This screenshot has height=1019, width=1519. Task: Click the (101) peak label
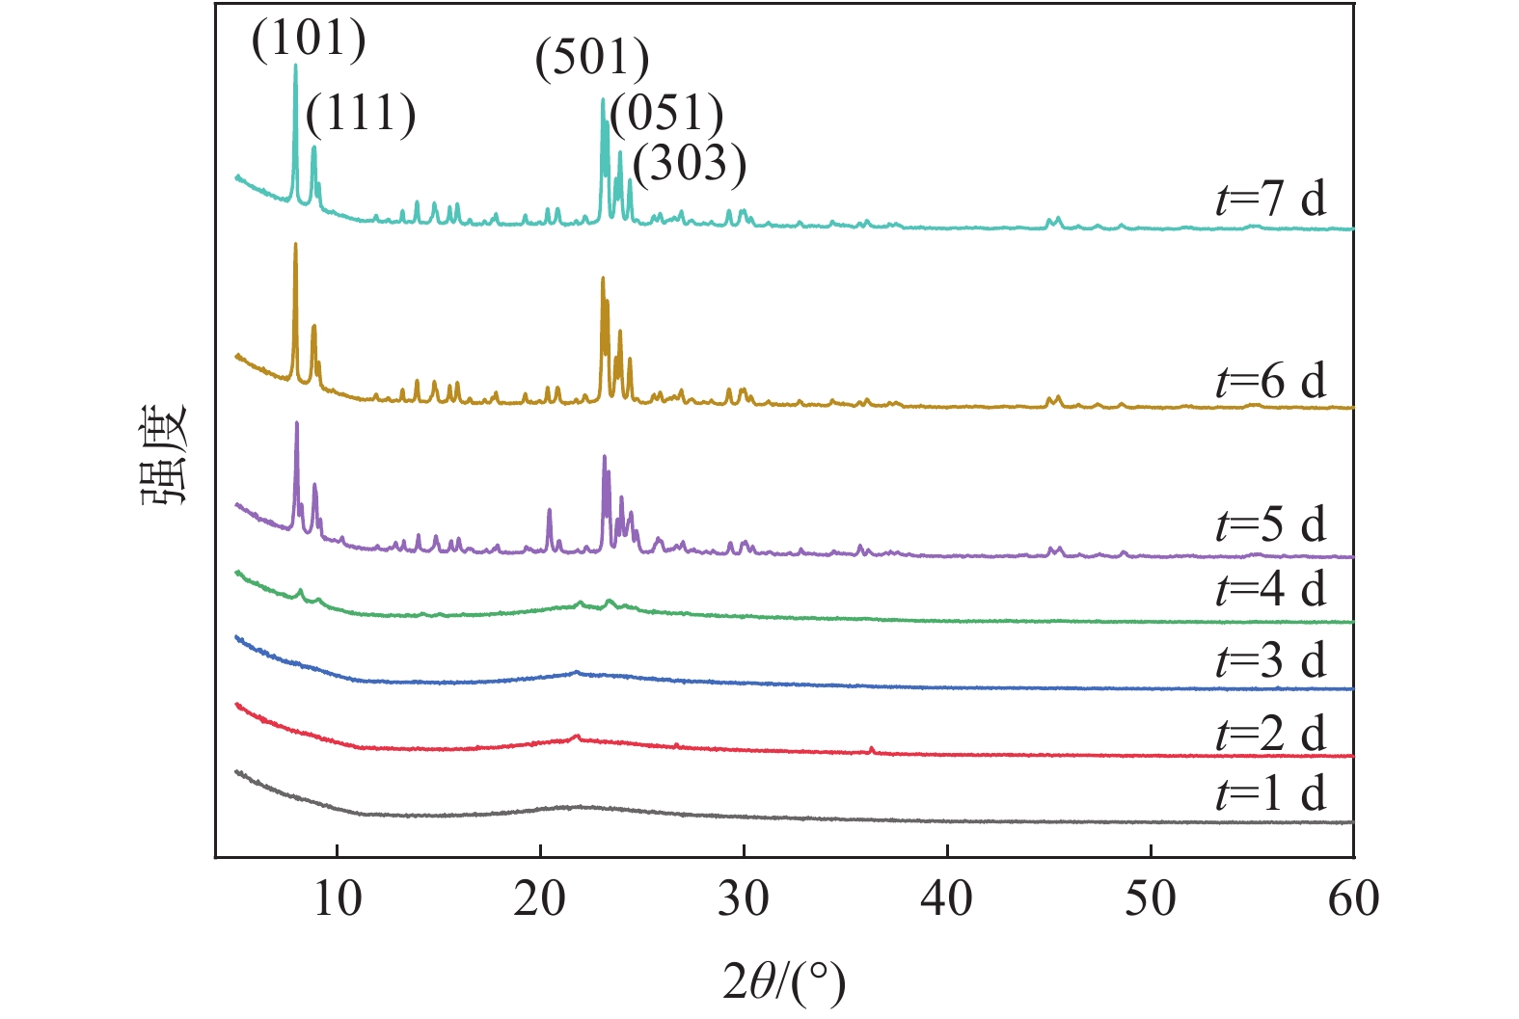pos(309,40)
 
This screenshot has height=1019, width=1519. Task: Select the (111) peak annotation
pos(361,114)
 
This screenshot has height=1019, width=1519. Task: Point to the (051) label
pos(666,114)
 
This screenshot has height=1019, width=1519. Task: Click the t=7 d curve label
pos(1270,199)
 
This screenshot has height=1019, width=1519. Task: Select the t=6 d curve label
pos(1270,381)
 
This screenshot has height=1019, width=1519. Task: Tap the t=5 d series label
pos(1270,524)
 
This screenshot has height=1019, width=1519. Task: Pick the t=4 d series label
pos(1270,589)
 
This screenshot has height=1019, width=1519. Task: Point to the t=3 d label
pos(1270,660)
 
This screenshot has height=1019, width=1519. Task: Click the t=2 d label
pos(1270,734)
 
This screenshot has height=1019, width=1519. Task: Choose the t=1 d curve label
pos(1270,793)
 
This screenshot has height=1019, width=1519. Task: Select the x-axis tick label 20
pos(540,898)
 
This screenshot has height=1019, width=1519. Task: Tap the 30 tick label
pos(744,898)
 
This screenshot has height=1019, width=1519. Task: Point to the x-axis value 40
pos(947,898)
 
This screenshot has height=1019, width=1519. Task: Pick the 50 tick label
pos(1151,898)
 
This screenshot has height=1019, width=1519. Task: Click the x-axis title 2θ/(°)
pos(784,982)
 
